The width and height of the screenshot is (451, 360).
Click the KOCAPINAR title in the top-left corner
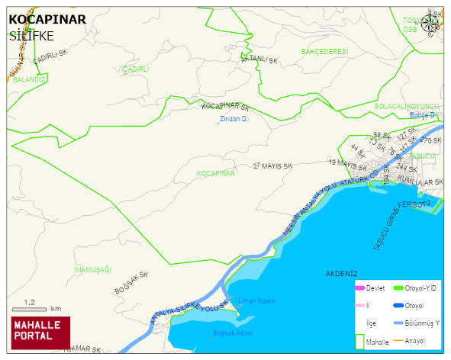[x=47, y=21]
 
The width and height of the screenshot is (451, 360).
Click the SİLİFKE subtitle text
[x=31, y=35]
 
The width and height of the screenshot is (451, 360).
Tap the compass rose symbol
[x=432, y=23]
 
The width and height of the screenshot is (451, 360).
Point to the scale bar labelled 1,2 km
[x=31, y=309]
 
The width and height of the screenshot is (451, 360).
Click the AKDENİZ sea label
[x=341, y=273]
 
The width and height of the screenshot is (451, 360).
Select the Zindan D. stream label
[x=234, y=119]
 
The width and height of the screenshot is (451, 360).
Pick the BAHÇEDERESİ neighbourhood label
[x=324, y=51]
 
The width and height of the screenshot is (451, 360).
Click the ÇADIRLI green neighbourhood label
[x=135, y=69]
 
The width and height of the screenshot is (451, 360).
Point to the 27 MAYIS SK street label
[x=272, y=166]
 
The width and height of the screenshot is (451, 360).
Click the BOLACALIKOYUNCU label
[x=408, y=106]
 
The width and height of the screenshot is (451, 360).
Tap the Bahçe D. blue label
[x=422, y=115]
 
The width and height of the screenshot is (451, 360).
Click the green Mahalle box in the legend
[x=361, y=341]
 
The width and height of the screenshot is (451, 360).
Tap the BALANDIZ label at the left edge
[x=30, y=79]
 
